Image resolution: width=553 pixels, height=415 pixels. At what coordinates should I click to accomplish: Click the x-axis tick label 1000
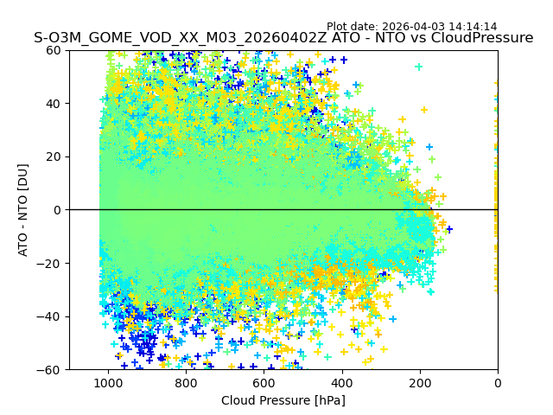pyautogui.click(x=108, y=383)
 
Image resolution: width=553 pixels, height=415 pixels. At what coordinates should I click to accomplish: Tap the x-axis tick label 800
pyautogui.click(x=186, y=383)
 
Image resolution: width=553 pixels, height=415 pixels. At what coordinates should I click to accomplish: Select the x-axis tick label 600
pyautogui.click(x=264, y=383)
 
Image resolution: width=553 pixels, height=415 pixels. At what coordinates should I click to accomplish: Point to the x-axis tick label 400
pyautogui.click(x=342, y=383)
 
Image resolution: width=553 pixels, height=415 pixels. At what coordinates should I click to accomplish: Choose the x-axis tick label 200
pyautogui.click(x=420, y=383)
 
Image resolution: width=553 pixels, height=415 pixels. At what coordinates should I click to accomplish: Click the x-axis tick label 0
pyautogui.click(x=498, y=383)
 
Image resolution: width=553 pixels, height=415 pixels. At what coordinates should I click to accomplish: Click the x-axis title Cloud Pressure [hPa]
pyautogui.click(x=283, y=400)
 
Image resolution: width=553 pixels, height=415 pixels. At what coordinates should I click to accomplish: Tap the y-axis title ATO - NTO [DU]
pyautogui.click(x=24, y=210)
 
